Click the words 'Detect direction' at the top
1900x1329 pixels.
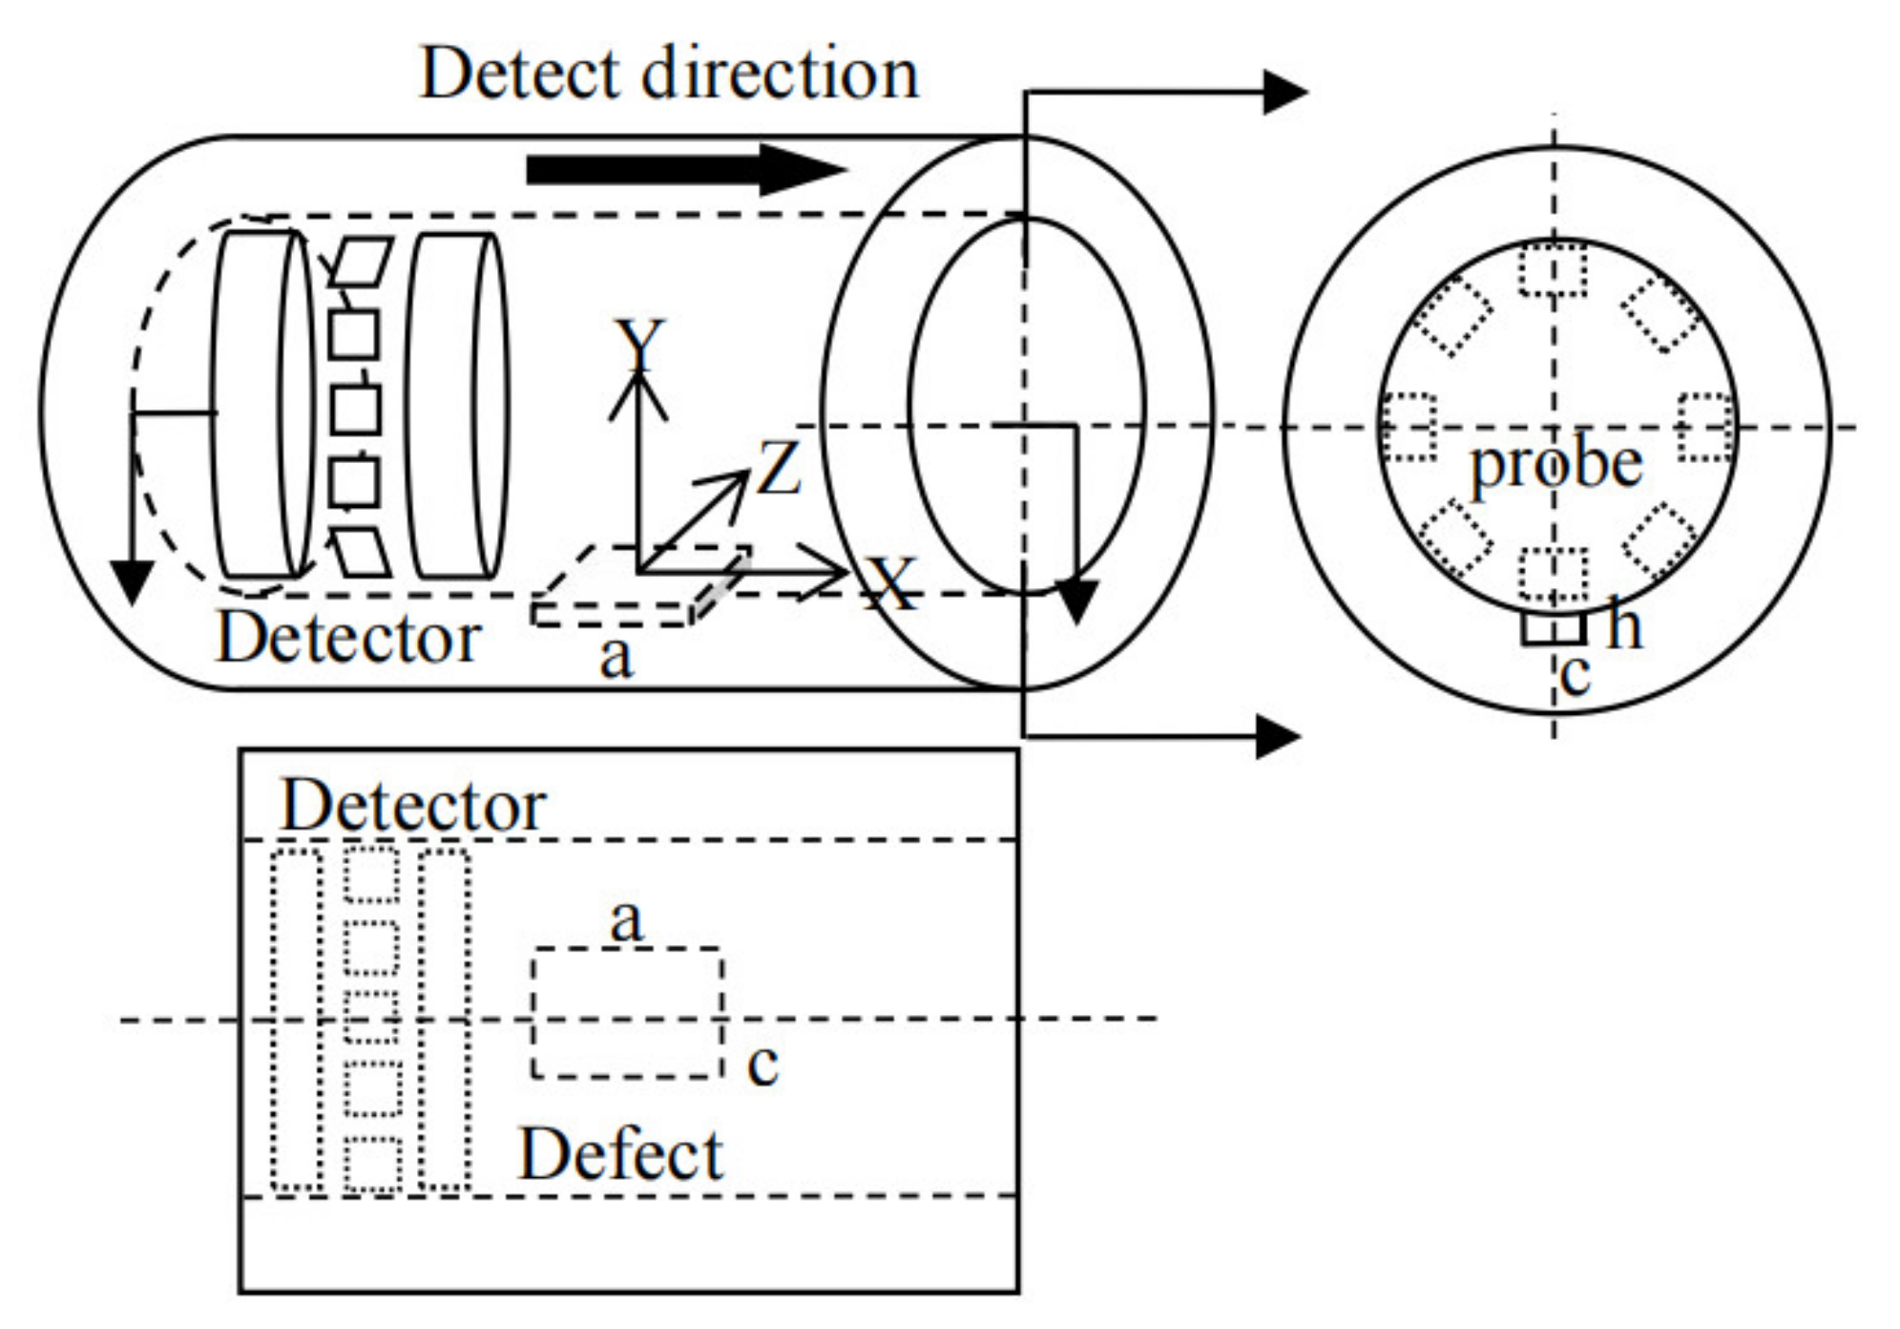[668, 74]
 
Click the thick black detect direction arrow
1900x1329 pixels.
[682, 170]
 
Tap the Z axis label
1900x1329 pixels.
[778, 468]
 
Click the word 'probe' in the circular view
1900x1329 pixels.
[1555, 465]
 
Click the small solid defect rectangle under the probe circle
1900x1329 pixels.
[1553, 628]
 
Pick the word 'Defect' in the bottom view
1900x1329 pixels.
[620, 1155]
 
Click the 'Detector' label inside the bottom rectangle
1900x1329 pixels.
[412, 806]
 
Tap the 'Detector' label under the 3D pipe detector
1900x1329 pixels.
[348, 637]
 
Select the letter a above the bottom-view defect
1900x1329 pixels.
[626, 920]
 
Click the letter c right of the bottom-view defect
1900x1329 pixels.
[762, 1064]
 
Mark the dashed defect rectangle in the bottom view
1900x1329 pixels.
[627, 1013]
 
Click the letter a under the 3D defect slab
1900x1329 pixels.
[616, 657]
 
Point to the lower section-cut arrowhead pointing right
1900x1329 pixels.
[1278, 736]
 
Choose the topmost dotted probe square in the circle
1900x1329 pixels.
[1553, 269]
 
